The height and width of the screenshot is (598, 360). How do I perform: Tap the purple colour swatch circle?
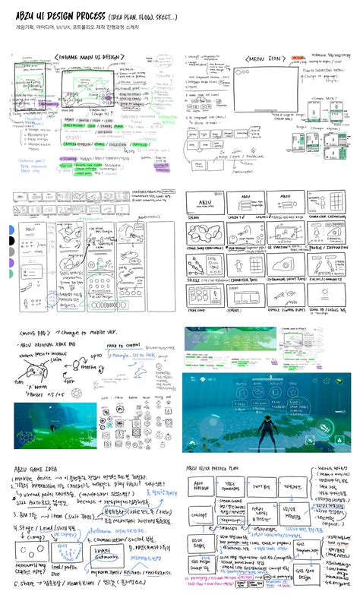coord(10,263)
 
